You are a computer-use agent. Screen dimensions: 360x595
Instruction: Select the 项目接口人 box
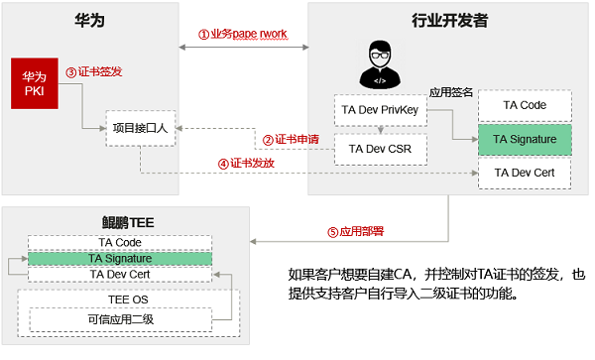(142, 127)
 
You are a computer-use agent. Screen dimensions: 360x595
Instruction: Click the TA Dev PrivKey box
(381, 111)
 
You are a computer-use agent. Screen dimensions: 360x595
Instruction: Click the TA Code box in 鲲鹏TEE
(118, 242)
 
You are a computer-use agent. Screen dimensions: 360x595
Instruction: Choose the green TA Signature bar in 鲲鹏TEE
(118, 258)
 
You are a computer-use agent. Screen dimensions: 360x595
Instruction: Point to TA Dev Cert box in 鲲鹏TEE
(118, 273)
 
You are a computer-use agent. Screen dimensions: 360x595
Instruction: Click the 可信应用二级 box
(120, 319)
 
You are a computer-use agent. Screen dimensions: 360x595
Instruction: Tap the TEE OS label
(120, 298)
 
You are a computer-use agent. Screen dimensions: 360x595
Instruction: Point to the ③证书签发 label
(93, 72)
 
